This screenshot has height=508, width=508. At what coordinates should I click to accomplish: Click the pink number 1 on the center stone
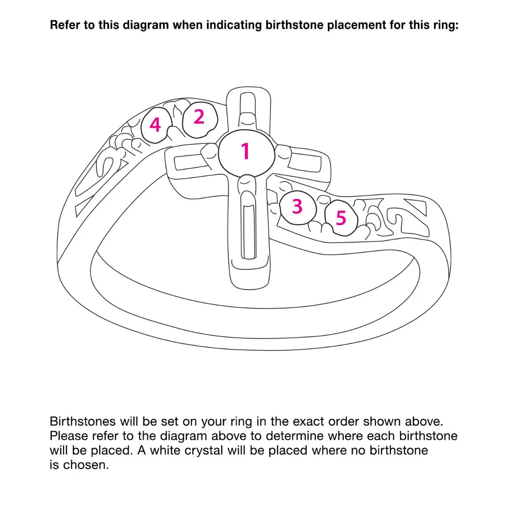[x=246, y=151]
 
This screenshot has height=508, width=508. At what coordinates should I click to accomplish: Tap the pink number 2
[x=199, y=117]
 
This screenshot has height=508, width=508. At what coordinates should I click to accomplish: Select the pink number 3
[x=297, y=207]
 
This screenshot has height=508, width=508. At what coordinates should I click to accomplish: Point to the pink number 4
[x=155, y=125]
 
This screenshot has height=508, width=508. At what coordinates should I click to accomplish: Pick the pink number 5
[x=341, y=218]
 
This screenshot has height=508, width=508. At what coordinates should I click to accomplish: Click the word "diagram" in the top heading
[x=146, y=25]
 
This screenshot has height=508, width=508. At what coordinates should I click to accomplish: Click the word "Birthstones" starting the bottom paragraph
[x=83, y=422]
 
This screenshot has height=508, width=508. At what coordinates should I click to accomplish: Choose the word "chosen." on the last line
[x=86, y=465]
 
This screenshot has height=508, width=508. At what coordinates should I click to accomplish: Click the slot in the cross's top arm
[x=247, y=103]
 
